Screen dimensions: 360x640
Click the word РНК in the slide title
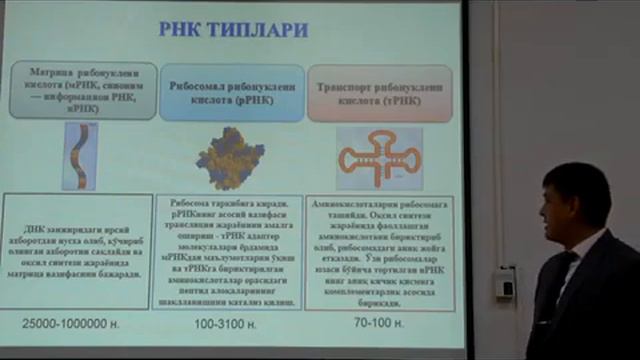coord(182,29)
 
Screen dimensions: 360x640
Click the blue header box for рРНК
coord(232,93)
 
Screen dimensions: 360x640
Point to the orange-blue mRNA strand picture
coord(80,155)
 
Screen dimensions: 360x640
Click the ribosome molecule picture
coord(231,157)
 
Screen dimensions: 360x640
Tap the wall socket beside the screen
coord(506,288)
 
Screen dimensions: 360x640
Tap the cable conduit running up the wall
coord(505,150)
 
